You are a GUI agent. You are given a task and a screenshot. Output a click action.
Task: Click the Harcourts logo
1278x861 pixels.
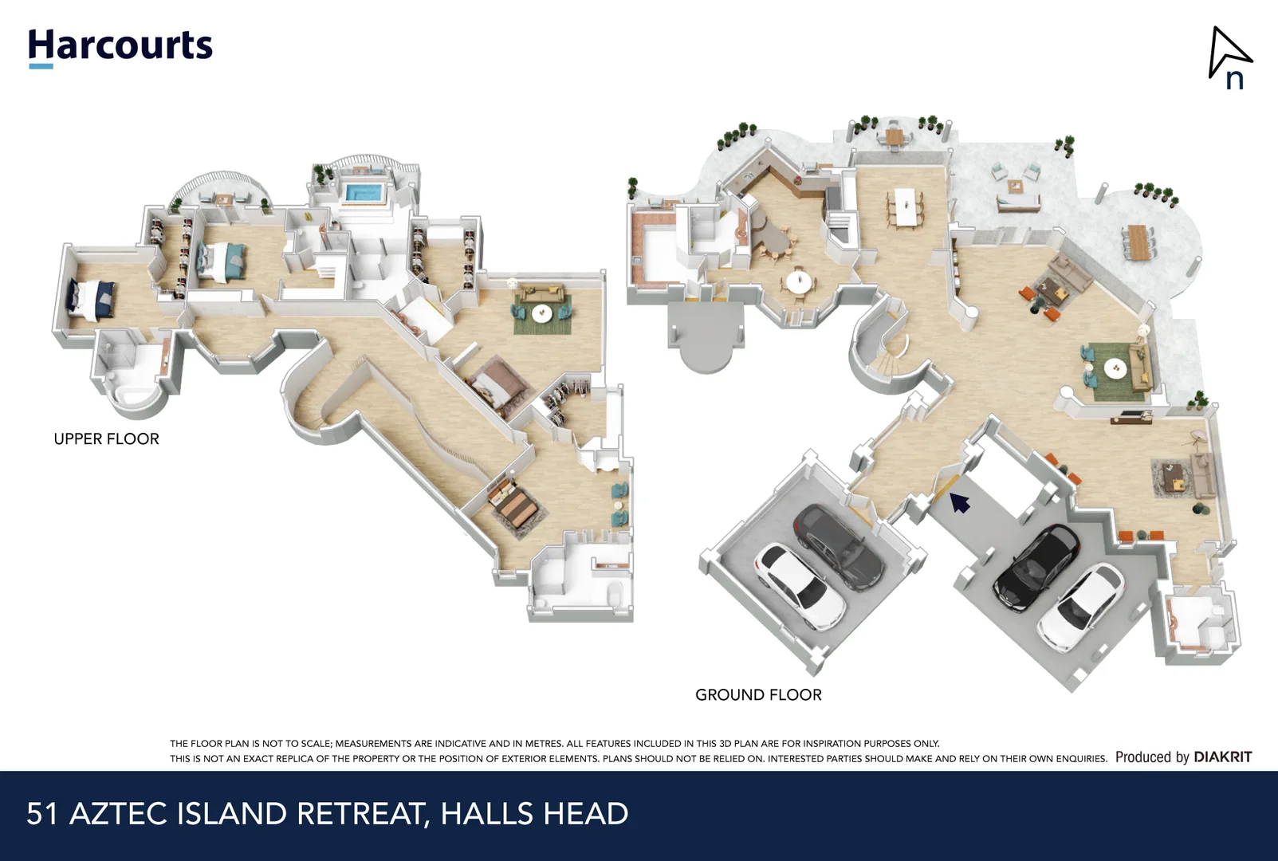[x=120, y=46]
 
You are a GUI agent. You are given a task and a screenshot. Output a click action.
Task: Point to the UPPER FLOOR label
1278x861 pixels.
[x=106, y=439]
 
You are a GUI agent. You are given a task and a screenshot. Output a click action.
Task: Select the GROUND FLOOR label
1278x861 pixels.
[x=758, y=695]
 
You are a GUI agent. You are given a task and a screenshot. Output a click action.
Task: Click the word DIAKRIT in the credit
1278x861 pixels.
[x=1222, y=757]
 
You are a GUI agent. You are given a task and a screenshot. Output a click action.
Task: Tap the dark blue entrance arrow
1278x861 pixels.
[x=959, y=502]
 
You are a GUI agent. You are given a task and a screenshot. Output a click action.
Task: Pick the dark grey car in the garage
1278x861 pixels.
[x=838, y=546]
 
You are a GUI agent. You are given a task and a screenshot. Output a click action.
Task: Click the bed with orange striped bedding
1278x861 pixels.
[x=515, y=505]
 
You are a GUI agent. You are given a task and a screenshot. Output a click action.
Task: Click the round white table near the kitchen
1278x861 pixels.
[x=799, y=281]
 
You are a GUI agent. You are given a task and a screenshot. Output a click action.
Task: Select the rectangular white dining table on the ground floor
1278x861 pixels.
[x=905, y=206]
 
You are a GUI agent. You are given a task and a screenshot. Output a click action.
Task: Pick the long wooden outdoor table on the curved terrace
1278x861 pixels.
[x=1138, y=242]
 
